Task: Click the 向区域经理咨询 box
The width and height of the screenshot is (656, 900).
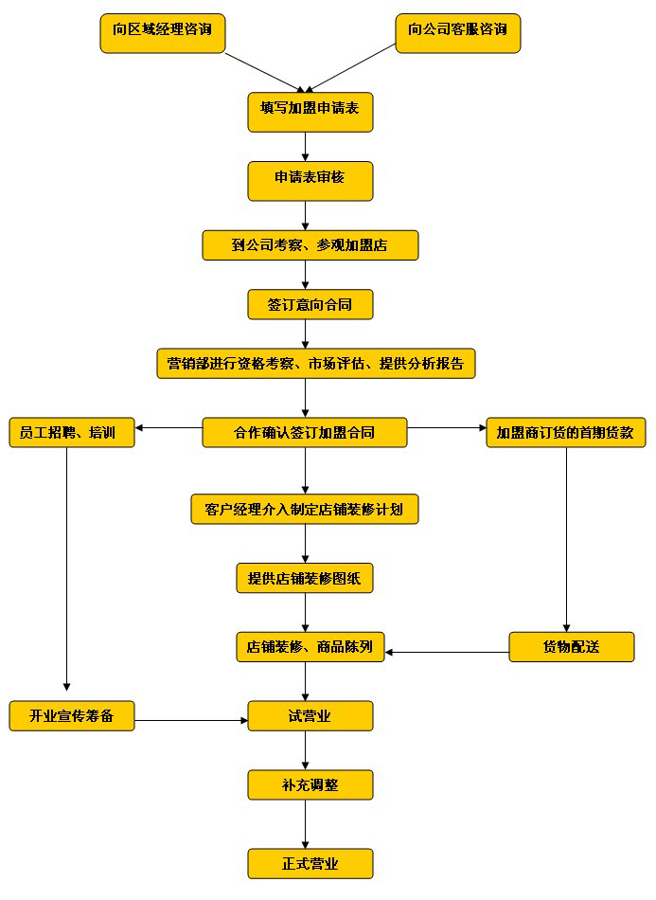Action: (162, 32)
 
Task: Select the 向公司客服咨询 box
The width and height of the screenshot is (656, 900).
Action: (457, 32)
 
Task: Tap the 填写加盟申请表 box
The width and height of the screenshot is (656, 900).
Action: (310, 112)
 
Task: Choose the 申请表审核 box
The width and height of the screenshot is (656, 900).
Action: (310, 180)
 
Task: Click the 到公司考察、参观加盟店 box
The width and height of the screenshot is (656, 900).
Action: (310, 244)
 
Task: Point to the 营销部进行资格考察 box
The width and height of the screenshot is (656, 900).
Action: (315, 364)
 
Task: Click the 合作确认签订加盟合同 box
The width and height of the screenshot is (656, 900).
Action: (305, 433)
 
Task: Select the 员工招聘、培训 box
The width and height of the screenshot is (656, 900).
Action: (72, 433)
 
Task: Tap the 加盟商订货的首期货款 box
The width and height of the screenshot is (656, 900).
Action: (566, 433)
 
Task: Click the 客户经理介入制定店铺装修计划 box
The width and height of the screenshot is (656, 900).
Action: (304, 509)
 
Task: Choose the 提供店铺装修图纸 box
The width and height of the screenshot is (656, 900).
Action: (305, 577)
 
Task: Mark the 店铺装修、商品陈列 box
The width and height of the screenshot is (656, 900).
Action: (310, 647)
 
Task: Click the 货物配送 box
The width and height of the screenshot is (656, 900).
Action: (571, 647)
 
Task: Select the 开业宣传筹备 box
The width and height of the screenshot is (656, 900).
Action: (72, 715)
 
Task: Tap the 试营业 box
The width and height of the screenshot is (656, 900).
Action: (310, 715)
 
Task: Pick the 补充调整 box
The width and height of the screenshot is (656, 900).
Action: (310, 784)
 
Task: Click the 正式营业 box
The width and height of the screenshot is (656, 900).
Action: (310, 863)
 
